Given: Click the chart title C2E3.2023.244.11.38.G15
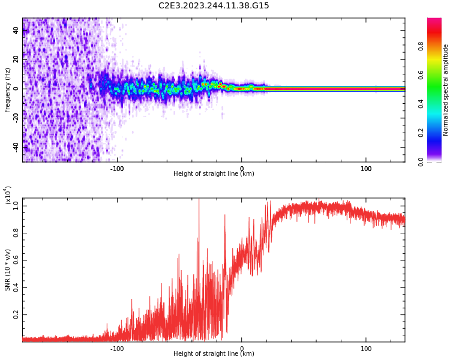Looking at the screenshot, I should (x=214, y=5).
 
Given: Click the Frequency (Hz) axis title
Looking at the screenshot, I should (x=8, y=90).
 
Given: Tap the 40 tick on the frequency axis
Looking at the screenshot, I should (x=16, y=30).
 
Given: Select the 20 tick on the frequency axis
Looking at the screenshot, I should (x=16, y=59).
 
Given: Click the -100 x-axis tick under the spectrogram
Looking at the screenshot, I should (x=117, y=169).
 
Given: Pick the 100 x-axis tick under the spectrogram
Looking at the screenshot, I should (x=366, y=169).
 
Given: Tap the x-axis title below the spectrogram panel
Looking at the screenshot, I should (x=214, y=174).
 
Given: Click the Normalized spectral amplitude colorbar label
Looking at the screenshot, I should (x=446, y=90).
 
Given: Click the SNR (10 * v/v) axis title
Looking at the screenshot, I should (x=8, y=270).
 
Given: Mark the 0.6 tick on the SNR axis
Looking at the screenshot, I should (x=16, y=260).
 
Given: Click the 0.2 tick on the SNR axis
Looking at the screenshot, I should (x=16, y=314).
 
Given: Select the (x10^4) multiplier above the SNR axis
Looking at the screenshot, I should (x=8, y=195).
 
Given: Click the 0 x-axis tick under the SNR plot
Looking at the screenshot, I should (x=242, y=349).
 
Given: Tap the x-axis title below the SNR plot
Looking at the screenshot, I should (x=214, y=354).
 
